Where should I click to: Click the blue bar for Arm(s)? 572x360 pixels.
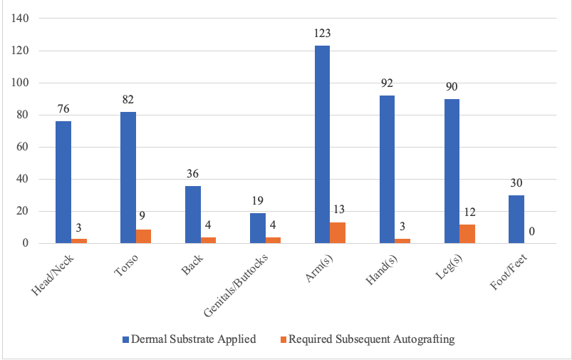coord(322,145)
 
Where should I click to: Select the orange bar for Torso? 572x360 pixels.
coord(143,236)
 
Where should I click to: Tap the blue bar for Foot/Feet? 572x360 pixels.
coord(516,220)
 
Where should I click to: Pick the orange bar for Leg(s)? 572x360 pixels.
coord(467,234)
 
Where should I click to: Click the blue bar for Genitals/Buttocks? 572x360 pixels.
coord(257,228)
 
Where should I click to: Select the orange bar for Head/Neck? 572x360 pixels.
coord(79,241)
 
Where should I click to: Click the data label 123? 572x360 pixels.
coord(322,34)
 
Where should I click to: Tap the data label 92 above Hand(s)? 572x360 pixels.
coord(387,83)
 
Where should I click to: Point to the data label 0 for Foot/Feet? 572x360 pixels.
coord(531,231)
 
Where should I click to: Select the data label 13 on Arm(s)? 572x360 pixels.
coord(338,210)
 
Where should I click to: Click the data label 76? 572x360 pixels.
coord(63,109)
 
